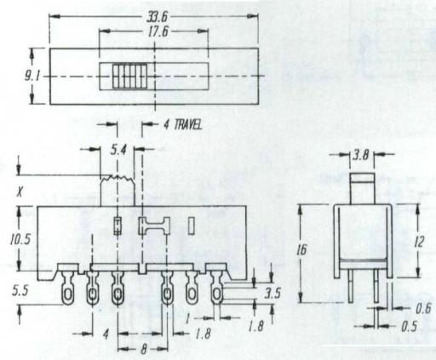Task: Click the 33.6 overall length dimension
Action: (157, 18)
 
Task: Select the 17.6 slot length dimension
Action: (158, 31)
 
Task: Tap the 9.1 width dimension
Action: (32, 77)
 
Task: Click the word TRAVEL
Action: (187, 124)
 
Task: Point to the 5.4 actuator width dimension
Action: (118, 151)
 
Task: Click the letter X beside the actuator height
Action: (20, 193)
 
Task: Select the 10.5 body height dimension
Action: (20, 240)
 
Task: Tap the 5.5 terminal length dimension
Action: (20, 291)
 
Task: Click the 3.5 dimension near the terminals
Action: (272, 294)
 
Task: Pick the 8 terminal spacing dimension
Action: (144, 349)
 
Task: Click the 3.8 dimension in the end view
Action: (361, 155)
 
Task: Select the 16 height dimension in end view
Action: (302, 250)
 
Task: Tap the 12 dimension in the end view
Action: (419, 242)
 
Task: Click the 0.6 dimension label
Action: (423, 309)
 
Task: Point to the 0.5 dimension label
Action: (410, 327)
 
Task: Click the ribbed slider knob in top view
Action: (130, 77)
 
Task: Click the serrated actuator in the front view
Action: (118, 191)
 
